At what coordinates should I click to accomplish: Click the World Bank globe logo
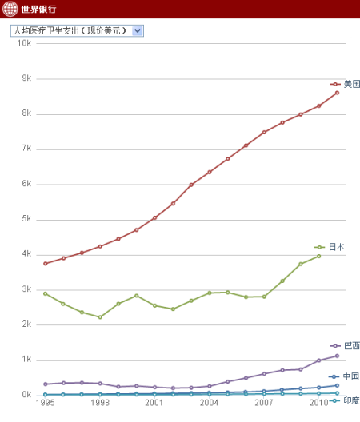coord(10,10)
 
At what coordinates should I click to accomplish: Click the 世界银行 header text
coord(39,10)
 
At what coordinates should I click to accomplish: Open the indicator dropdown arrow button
coord(138,30)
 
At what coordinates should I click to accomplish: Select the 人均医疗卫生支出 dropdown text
coord(70,30)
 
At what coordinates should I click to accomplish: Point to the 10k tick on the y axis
coord(24,43)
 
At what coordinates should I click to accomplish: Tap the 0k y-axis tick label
coord(26,395)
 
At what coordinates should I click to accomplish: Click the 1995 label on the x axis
coord(46,404)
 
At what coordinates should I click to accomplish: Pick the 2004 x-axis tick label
coord(210,404)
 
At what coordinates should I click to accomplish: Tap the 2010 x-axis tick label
coord(318,404)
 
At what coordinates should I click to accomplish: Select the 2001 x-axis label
coord(154,404)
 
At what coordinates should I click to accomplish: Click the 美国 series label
coord(352,84)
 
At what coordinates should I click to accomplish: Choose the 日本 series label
coord(336,247)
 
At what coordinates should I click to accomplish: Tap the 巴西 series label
coord(352,345)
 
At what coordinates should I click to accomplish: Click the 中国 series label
coord(350,376)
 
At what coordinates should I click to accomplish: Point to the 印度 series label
coord(351,400)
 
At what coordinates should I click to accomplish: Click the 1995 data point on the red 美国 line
coord(46,264)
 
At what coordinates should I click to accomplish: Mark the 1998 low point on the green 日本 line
coord(100,317)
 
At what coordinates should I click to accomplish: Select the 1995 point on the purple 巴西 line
coord(46,384)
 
